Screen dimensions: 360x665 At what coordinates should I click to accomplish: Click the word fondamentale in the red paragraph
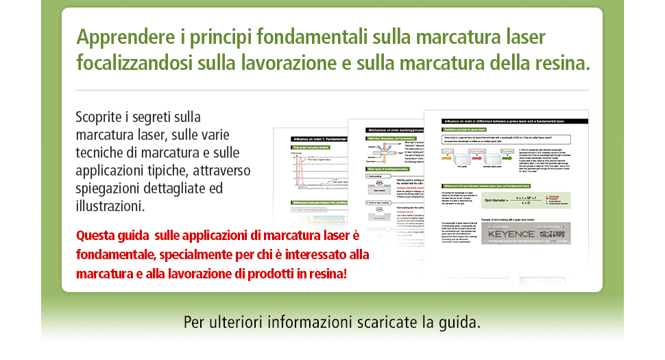click(115, 255)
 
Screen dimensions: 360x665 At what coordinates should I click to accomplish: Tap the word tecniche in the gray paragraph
click(100, 152)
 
